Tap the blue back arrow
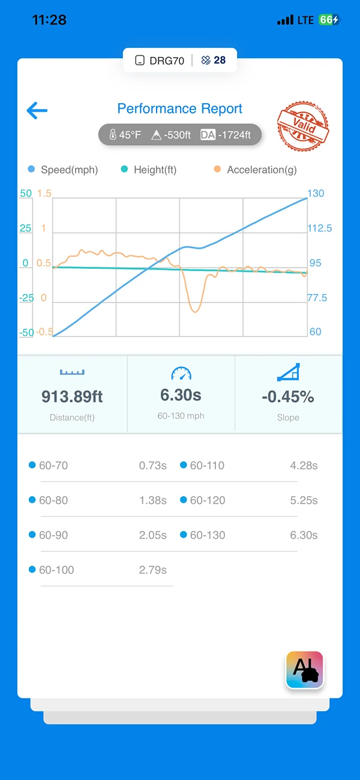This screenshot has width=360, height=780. [x=37, y=110]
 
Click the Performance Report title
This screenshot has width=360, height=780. [x=180, y=109]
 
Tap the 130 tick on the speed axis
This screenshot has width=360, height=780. [x=316, y=193]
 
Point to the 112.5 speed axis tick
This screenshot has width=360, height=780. [x=319, y=228]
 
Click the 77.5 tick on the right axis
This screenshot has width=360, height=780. [x=317, y=298]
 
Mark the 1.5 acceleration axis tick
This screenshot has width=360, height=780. [x=44, y=193]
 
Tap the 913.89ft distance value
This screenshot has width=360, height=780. [x=72, y=397]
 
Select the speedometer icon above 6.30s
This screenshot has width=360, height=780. [x=181, y=373]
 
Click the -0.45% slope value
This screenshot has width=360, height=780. [x=288, y=397]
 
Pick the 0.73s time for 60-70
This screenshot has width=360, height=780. [x=152, y=466]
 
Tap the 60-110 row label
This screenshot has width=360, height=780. [x=207, y=466]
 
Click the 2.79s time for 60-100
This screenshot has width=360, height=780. [x=152, y=570]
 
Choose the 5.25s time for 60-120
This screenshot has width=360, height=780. [x=304, y=500]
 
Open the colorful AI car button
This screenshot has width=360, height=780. [x=305, y=670]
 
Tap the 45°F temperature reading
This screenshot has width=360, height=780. [x=130, y=135]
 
